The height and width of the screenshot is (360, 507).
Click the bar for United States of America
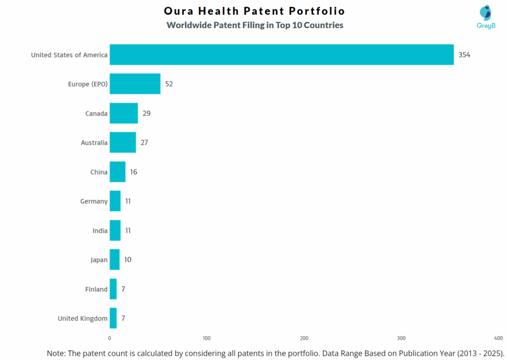(x=281, y=54)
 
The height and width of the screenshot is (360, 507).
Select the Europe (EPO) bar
(x=135, y=84)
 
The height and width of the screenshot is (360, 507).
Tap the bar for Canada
(x=124, y=113)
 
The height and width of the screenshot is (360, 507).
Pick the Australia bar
(x=123, y=143)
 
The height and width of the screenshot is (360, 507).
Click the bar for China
(x=117, y=172)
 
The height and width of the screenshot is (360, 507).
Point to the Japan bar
(x=114, y=259)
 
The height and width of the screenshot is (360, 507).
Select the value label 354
(x=464, y=54)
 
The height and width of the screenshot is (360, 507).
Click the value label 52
(x=169, y=84)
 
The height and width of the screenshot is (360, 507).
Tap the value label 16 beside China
(x=134, y=172)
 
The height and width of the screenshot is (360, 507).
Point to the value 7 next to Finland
(x=123, y=289)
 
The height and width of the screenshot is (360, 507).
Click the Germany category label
(x=94, y=201)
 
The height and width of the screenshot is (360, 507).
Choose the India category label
(x=100, y=230)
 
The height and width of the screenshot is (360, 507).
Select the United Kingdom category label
(x=82, y=318)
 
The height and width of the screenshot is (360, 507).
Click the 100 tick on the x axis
(x=207, y=338)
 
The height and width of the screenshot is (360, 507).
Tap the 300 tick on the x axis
(x=402, y=338)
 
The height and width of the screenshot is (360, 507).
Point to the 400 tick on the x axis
(x=499, y=338)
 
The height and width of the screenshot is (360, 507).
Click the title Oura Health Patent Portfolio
(x=254, y=11)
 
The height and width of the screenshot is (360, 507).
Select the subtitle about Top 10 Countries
(x=254, y=25)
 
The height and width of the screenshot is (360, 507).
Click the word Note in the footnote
(x=57, y=353)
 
